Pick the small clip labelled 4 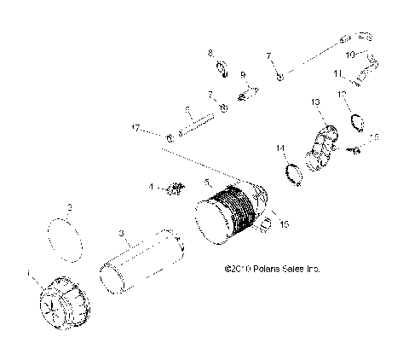pyautogui.click(x=176, y=188)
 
